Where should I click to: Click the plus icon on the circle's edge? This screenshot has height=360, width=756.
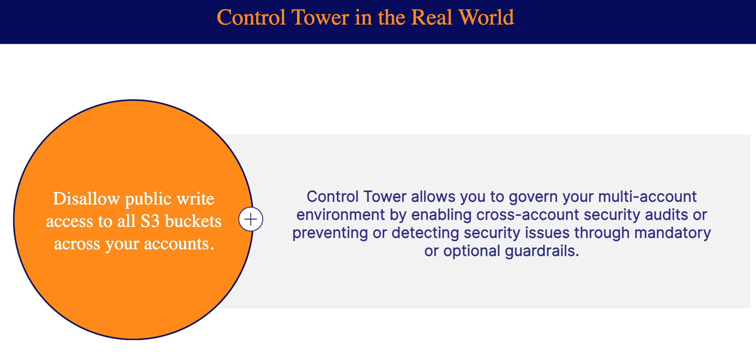[x=251, y=219]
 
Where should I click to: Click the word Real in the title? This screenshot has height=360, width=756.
[x=432, y=17]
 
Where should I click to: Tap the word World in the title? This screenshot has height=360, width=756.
[x=486, y=17]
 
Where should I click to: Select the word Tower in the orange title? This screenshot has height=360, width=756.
[x=320, y=17]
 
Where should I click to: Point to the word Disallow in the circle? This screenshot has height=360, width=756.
[x=86, y=198]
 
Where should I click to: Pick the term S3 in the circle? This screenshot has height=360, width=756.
[x=150, y=221]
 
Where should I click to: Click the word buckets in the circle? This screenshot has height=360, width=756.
[x=193, y=221]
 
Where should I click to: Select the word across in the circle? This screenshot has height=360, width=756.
[x=77, y=244]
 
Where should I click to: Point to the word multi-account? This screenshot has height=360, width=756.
[x=648, y=197]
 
